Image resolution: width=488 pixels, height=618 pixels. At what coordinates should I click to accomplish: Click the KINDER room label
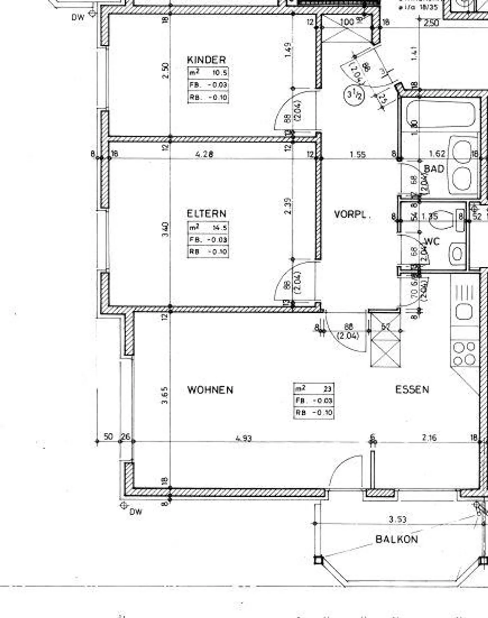click(206, 60)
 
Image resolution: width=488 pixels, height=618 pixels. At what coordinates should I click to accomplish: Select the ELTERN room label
click(206, 213)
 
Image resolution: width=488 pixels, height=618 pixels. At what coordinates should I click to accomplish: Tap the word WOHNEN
click(210, 390)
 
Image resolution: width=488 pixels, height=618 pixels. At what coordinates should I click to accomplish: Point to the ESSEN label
click(412, 389)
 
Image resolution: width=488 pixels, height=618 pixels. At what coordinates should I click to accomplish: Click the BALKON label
click(396, 539)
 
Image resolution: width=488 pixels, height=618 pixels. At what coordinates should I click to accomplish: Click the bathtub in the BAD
click(441, 115)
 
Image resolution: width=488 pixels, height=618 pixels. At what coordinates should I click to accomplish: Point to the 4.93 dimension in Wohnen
click(243, 438)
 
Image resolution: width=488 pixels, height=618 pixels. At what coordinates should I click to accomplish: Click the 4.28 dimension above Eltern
click(204, 154)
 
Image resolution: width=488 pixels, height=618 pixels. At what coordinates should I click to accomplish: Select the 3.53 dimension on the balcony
click(398, 519)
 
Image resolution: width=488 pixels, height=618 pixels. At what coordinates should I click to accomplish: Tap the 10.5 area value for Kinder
click(220, 73)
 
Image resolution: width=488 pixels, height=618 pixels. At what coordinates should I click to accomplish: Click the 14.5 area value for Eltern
click(220, 228)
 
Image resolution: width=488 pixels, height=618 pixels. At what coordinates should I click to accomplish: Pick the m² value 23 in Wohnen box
click(327, 389)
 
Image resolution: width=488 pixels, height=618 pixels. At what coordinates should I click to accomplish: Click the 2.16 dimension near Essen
click(429, 437)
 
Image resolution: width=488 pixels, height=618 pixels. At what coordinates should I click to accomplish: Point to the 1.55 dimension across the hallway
click(358, 154)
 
